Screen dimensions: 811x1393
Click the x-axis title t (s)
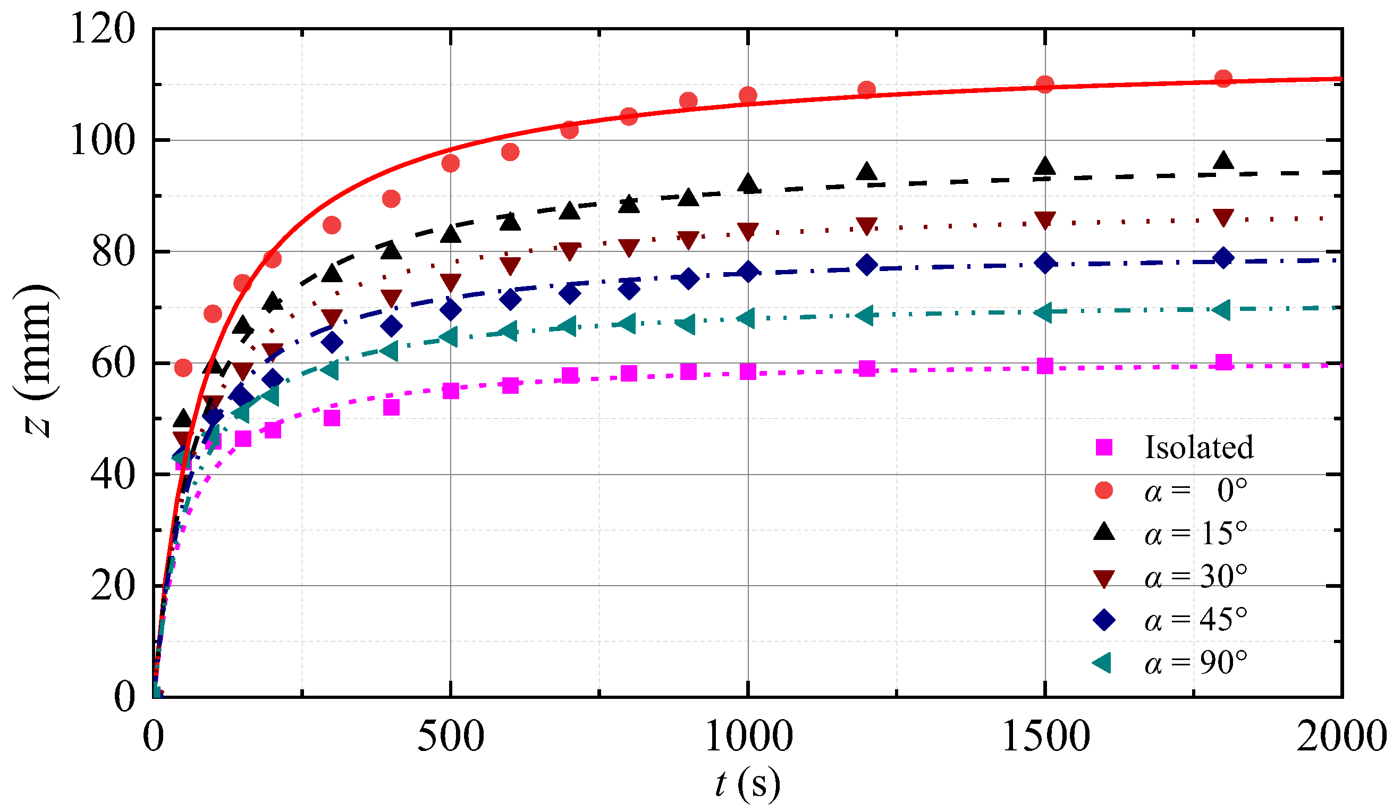pos(747,784)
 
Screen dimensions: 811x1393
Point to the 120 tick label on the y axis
pos(102,29)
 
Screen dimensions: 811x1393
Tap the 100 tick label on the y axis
pos(102,140)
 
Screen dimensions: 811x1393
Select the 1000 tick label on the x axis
pos(748,737)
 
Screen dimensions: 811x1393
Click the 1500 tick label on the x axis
pos(1045,737)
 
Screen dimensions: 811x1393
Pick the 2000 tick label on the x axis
pos(1341,737)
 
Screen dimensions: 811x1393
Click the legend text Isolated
pos(1198,447)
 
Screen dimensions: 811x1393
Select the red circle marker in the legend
pos(1104,491)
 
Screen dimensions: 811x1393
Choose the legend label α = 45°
pos(1196,620)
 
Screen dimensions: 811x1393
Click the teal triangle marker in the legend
pos(1103,662)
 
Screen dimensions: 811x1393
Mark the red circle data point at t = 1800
pos(1224,79)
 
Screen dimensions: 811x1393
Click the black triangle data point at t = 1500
pos(1045,166)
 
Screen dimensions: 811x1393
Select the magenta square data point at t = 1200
pos(867,369)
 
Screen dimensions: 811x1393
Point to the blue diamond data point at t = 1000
pos(748,272)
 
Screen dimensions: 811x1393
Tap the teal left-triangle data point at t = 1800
pos(1223,310)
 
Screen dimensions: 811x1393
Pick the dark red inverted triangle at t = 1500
pos(1045,220)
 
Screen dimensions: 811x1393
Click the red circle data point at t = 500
pos(451,163)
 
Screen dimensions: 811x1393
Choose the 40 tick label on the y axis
pos(113,475)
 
